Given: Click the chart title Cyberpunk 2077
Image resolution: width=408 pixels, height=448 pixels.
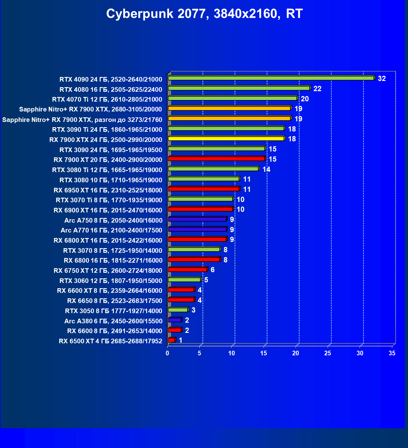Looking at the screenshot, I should point(204,14).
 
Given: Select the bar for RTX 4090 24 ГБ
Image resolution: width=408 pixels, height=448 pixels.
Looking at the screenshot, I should point(271,78).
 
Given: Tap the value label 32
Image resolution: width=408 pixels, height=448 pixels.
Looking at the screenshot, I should point(382,79).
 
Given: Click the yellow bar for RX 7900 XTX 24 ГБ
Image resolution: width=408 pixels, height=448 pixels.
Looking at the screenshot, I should point(226,139).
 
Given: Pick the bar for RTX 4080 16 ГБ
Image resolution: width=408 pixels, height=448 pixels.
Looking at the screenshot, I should point(239,88).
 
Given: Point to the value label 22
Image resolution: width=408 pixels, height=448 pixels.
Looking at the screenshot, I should point(317,89).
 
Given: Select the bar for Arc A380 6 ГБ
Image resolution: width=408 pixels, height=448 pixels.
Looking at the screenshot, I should point(175,320).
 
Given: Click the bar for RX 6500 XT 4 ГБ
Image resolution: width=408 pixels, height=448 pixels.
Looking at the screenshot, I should point(172,340).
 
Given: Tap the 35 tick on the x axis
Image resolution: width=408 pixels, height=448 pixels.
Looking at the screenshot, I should point(392,353).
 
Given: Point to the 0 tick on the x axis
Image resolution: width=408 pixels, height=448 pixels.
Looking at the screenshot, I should point(168,353).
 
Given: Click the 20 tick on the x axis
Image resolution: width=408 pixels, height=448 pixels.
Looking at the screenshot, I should point(296,353).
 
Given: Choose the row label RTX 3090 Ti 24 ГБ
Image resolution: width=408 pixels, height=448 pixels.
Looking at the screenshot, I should point(107,130).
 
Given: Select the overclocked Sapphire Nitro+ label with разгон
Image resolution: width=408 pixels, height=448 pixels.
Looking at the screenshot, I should point(82,119).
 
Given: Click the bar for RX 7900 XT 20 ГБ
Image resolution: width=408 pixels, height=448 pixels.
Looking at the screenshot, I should point(216,159).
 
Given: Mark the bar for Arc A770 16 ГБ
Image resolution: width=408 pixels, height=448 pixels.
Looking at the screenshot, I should point(197,229).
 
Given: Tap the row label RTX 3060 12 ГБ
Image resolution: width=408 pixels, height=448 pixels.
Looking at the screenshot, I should point(111,281).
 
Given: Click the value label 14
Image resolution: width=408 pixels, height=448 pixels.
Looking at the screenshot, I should point(266,169).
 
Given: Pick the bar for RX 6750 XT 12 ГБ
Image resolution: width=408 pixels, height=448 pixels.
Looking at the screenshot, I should point(188,270).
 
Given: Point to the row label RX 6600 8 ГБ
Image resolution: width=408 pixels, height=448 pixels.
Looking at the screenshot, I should point(115,331).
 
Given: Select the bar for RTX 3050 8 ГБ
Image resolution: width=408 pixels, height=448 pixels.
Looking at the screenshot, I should point(178,310).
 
